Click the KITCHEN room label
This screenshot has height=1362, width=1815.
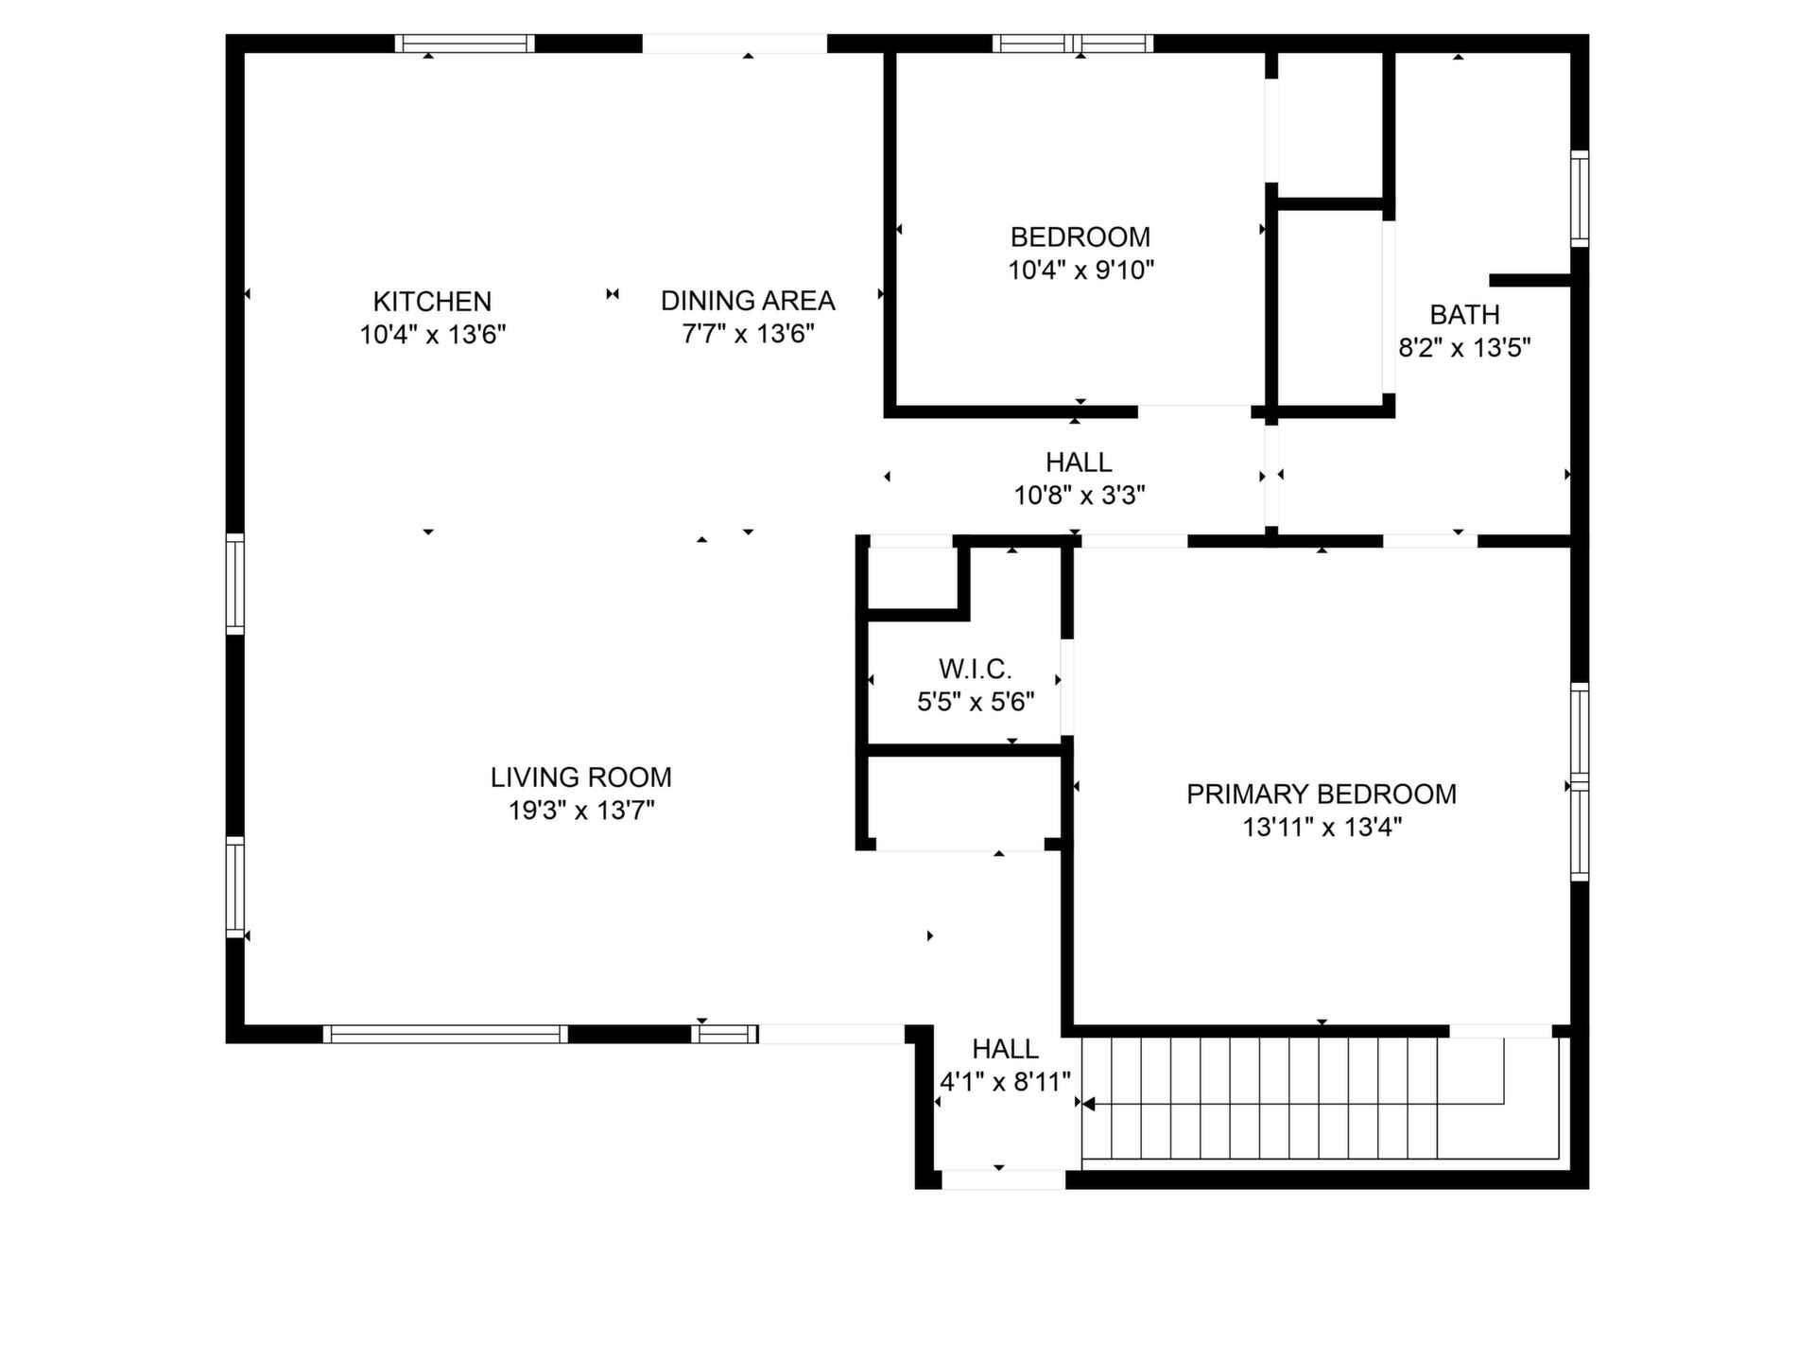tap(432, 302)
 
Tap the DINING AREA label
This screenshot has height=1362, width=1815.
tap(748, 301)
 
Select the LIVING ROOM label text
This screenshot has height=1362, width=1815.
tap(580, 777)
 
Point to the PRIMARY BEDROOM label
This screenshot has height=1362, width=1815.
tap(1322, 794)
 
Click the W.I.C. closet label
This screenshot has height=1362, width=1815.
tap(976, 670)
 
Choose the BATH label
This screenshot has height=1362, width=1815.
tap(1464, 315)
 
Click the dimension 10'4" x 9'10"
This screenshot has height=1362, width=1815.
tap(1080, 271)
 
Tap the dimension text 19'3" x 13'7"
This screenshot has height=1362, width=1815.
tap(581, 811)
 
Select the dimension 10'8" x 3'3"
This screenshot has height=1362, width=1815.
tap(1080, 496)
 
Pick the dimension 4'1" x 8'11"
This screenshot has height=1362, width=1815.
tap(1005, 1082)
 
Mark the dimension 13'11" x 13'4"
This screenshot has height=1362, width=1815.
tap(1322, 828)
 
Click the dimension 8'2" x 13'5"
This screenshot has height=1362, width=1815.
tap(1464, 348)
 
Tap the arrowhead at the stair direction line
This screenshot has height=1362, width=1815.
tap(1087, 1104)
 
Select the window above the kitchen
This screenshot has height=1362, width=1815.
tap(464, 44)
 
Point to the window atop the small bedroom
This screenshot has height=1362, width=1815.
tap(1073, 44)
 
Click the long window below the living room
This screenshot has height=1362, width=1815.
tap(445, 1035)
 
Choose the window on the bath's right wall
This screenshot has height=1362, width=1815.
tap(1580, 198)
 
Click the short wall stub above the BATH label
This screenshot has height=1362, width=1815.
tap(1530, 280)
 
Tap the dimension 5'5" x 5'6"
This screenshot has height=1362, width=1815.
tap(976, 703)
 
